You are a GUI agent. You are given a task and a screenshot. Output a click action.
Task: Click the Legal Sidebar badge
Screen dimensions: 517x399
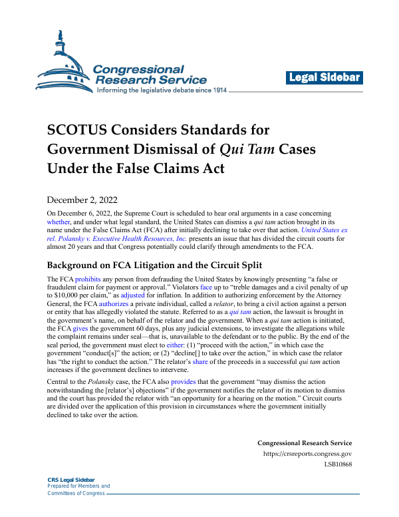(325, 78)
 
